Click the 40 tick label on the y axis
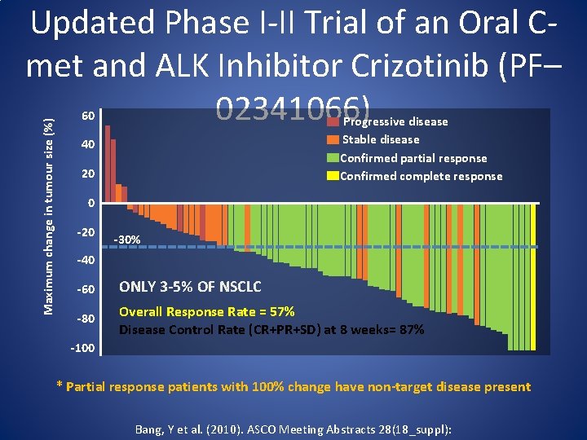pyautogui.click(x=87, y=145)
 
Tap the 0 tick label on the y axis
pyautogui.click(x=91, y=203)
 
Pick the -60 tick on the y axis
pyautogui.click(x=86, y=289)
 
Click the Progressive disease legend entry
pyautogui.click(x=395, y=121)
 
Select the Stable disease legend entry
pyautogui.click(x=381, y=139)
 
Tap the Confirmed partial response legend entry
pyautogui.click(x=413, y=158)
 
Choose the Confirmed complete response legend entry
pyautogui.click(x=421, y=176)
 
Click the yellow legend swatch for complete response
pyautogui.click(x=332, y=176)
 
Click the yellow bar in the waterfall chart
pyautogui.click(x=533, y=277)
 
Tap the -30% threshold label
pyautogui.click(x=129, y=240)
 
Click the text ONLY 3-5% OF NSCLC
pyautogui.click(x=190, y=286)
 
